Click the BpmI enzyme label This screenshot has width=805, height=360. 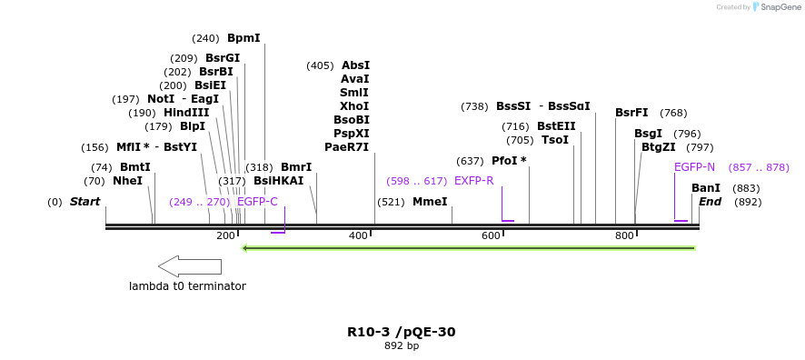pyautogui.click(x=243, y=38)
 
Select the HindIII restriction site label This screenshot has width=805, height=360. pyautogui.click(x=186, y=112)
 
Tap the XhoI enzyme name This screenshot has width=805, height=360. pyautogui.click(x=354, y=106)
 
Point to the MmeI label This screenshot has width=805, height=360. pyautogui.click(x=431, y=202)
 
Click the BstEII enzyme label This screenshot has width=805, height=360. pyautogui.click(x=557, y=126)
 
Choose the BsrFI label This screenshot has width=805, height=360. pyautogui.click(x=631, y=113)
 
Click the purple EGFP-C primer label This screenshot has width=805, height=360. pyautogui.click(x=257, y=202)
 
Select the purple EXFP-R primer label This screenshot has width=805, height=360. pyautogui.click(x=474, y=181)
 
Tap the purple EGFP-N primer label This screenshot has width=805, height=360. pyautogui.click(x=694, y=167)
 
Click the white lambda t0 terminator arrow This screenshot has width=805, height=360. pyautogui.click(x=190, y=266)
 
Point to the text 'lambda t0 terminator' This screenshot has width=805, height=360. pyautogui.click(x=187, y=286)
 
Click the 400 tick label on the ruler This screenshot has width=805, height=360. pyautogui.click(x=358, y=235)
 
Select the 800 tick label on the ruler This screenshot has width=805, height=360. pyautogui.click(x=624, y=235)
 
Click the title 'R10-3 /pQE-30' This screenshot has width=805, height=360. pyautogui.click(x=402, y=332)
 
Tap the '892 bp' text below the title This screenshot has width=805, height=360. pyautogui.click(x=402, y=345)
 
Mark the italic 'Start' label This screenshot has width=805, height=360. pyautogui.click(x=85, y=202)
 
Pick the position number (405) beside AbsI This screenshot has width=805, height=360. pyautogui.click(x=320, y=65)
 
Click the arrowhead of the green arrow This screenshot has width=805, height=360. pyautogui.click(x=245, y=248)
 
